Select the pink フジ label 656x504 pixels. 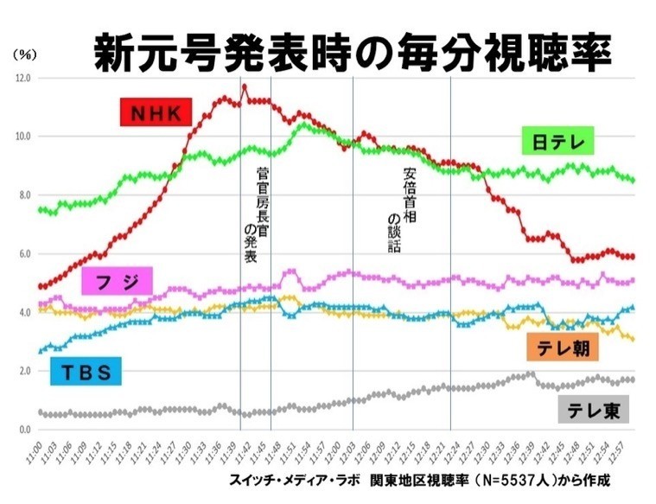click(118, 281)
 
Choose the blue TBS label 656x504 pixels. click(86, 373)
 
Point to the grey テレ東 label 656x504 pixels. click(593, 410)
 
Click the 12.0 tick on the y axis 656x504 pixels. click(22, 78)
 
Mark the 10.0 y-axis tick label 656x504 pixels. click(22, 137)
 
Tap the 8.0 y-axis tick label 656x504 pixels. click(22, 195)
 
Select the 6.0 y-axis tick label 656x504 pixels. click(22, 254)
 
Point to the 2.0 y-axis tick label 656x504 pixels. click(22, 372)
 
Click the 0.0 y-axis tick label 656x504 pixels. click(22, 430)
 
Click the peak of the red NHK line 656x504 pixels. click(245, 86)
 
